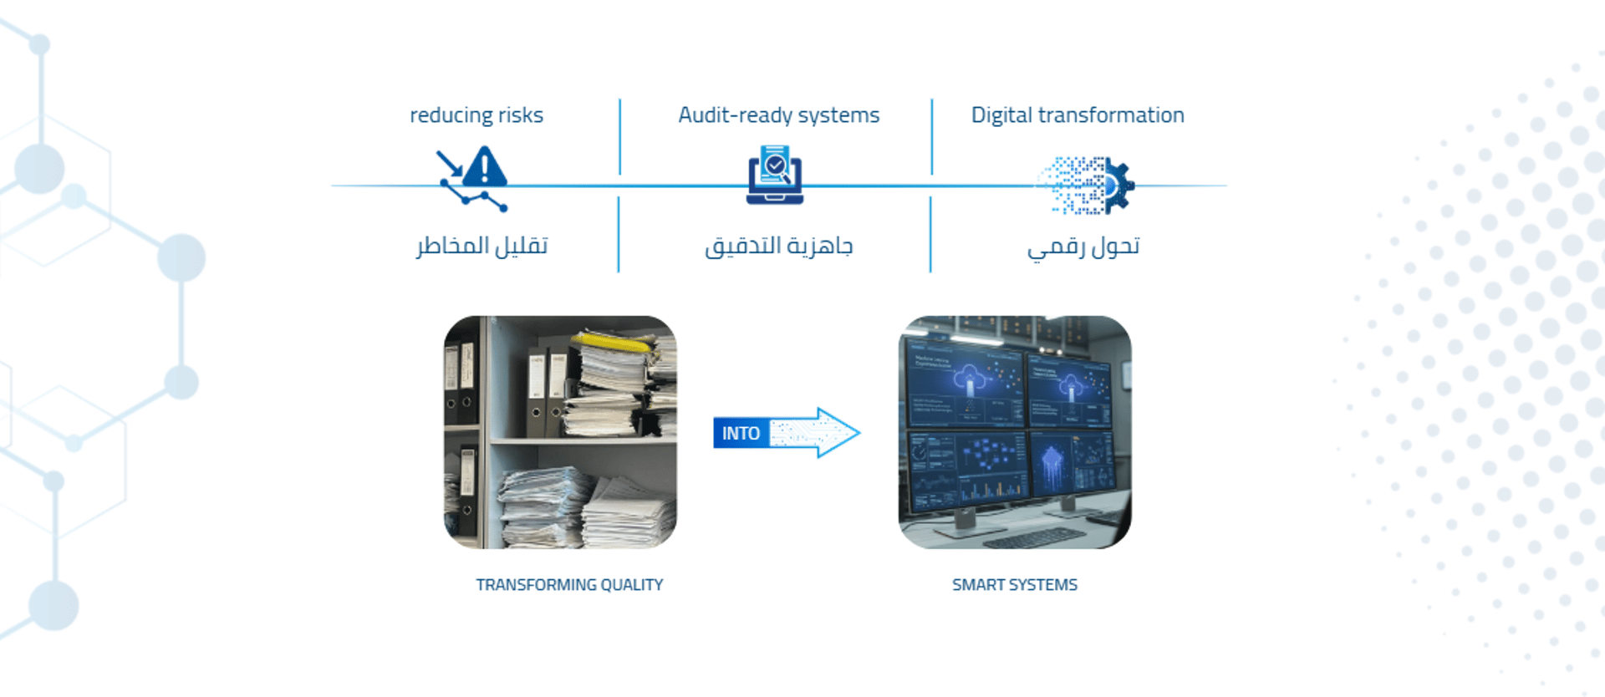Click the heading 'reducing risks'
coord(476,115)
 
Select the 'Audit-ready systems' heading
coord(779,115)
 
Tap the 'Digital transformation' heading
coord(1078,115)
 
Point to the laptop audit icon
coord(775,175)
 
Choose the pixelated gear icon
coord(1087,186)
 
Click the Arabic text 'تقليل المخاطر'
coord(481,246)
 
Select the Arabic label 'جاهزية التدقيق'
coord(778,247)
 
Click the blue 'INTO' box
coord(741,433)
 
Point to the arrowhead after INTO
coord(838,432)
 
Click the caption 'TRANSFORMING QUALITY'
coord(569,585)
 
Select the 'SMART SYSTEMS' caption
coord(1015,585)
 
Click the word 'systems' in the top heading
coord(838,116)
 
